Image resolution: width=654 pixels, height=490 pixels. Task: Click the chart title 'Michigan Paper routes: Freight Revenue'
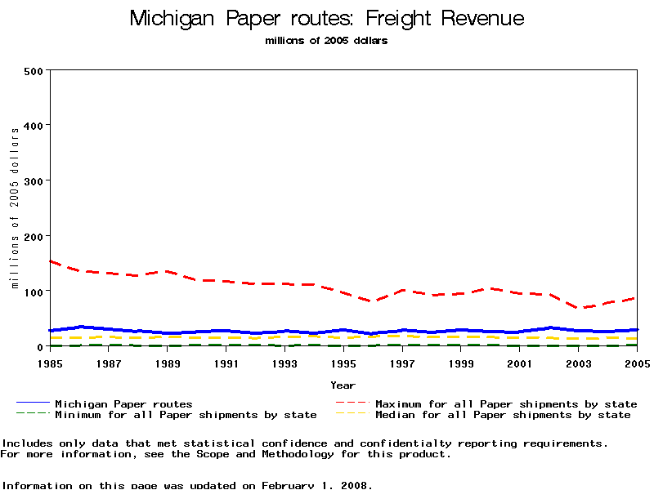(327, 19)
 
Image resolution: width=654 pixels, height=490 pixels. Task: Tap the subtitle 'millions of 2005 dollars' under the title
(326, 41)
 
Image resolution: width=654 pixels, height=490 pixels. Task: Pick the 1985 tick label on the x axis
(51, 363)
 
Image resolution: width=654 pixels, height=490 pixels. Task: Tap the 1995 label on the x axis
(343, 363)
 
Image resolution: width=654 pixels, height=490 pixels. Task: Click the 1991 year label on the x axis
(226, 363)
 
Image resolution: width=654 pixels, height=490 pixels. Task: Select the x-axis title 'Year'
(343, 385)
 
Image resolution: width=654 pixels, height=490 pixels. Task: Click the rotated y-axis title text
(15, 209)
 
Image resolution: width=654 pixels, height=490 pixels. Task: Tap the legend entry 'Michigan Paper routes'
(123, 403)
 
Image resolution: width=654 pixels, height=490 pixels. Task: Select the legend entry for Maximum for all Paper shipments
(506, 403)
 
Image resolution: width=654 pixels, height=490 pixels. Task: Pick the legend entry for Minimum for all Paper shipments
(186, 415)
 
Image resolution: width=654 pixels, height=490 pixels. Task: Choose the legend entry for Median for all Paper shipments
(503, 415)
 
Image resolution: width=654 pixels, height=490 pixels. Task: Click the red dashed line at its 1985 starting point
(52, 261)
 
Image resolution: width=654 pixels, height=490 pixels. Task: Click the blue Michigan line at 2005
(635, 330)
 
